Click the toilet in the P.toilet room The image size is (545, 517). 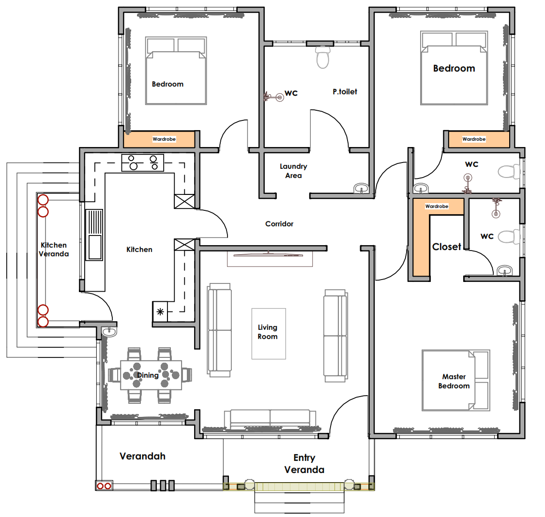coord(323,57)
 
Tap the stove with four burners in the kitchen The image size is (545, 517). coord(142,162)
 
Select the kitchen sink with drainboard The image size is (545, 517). coord(94,235)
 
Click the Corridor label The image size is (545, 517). coord(279,224)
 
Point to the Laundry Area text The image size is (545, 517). coord(293,171)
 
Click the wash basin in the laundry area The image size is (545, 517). coord(361,189)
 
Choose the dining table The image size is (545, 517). coord(151,375)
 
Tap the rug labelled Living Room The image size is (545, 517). coord(269,334)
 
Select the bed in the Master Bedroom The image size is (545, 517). coord(455,380)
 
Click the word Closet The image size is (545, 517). coord(446,247)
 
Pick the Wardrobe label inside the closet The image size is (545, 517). coord(437,206)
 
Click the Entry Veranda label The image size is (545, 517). coord(304,464)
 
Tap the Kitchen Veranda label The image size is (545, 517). coord(54,250)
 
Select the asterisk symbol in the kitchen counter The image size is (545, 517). coord(160,311)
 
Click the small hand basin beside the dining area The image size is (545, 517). coord(109,332)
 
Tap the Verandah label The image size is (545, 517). coord(142,456)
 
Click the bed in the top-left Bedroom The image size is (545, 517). coord(176,71)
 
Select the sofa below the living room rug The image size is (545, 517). coord(270,420)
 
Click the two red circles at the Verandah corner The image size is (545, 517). coord(104,486)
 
